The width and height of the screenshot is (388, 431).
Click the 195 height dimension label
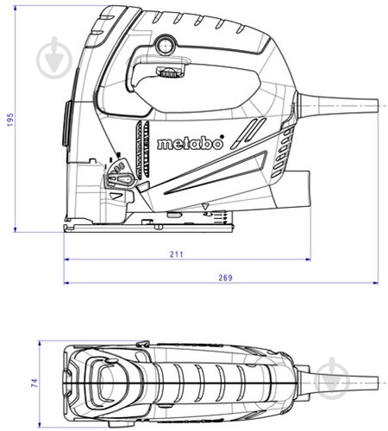coord(10,120)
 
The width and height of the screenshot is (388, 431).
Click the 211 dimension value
coord(176,254)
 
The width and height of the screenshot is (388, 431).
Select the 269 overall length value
coord(226,278)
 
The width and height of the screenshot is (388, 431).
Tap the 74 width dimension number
coord(34,383)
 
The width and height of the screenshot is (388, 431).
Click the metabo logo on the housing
coord(190,143)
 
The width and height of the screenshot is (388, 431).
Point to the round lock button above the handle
coord(165,45)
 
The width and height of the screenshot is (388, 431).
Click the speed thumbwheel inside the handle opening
coord(169,72)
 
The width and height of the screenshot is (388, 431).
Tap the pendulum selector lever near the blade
coord(120,179)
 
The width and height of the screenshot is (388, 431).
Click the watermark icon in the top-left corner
coord(54,59)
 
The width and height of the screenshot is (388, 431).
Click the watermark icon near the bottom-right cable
coord(332,378)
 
